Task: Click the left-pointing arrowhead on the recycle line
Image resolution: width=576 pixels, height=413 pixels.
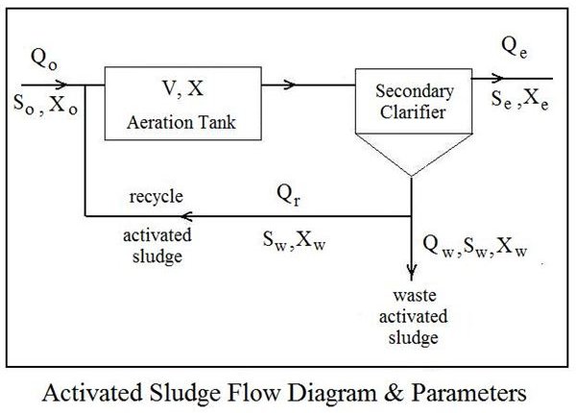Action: point(187,214)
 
